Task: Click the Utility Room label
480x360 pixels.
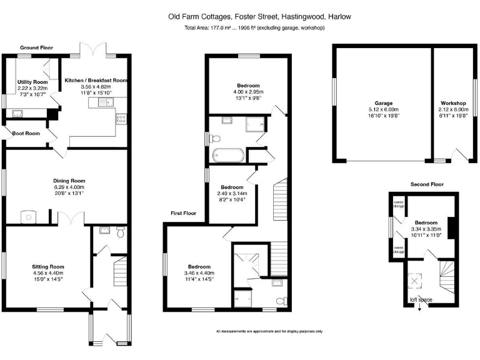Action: [32, 82]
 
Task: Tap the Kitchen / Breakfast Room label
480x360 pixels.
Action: [96, 80]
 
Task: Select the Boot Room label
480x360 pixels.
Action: [25, 133]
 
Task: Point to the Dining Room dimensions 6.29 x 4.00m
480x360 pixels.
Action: [67, 187]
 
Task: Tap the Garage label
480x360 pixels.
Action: [383, 102]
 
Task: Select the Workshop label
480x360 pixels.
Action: [454, 102]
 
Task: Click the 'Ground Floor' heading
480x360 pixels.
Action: [36, 47]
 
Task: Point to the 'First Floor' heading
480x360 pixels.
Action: [184, 213]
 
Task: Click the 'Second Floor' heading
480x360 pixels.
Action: [426, 184]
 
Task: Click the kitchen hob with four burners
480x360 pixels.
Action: [121, 117]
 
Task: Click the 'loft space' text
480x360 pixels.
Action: [421, 300]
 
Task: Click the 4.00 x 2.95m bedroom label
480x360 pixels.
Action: [248, 85]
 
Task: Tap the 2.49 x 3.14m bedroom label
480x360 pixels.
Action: [232, 187]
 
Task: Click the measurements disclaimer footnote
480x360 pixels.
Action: [269, 331]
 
